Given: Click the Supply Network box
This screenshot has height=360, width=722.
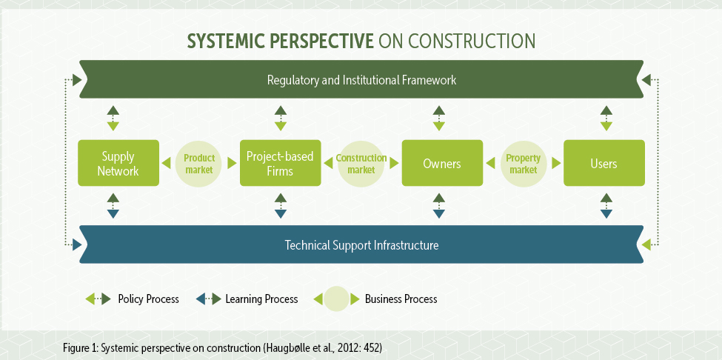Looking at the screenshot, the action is (118, 163).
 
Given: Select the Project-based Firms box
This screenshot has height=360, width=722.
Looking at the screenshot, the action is (281, 163).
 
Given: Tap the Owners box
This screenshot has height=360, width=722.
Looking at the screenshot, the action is (443, 163).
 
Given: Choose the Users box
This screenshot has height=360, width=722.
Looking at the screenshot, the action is (604, 163).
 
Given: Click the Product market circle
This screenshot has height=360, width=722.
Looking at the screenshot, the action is (199, 164).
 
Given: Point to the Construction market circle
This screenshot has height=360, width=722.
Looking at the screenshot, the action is (361, 164).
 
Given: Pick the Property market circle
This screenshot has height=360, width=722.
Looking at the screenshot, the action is (523, 164).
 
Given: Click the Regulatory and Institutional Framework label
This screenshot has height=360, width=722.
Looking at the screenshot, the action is (361, 80).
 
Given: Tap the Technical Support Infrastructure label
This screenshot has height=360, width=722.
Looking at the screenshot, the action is (361, 244).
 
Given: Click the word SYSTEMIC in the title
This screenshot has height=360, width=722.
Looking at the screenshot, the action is (221, 41).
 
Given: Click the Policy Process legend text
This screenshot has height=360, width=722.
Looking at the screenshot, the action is (148, 299).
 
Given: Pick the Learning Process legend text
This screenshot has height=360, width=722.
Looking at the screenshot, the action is (261, 299).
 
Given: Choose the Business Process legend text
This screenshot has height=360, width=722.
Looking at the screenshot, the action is (401, 299).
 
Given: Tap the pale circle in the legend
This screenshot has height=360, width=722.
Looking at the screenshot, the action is (336, 299).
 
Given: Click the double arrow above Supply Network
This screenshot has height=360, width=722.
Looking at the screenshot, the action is (113, 119).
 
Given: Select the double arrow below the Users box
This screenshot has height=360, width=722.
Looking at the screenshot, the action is (606, 206).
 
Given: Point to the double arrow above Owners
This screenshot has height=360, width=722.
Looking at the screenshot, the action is (439, 119).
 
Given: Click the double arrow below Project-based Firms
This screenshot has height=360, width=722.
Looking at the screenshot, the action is (281, 206).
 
